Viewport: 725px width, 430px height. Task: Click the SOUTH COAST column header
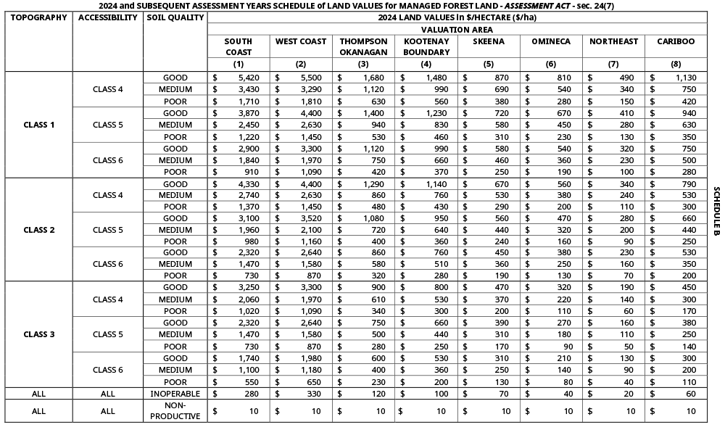(x=239, y=46)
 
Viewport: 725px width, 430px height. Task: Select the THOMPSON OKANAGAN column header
(x=363, y=46)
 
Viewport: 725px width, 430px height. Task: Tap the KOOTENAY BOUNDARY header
(x=426, y=46)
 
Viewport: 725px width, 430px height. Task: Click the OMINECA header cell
(x=551, y=41)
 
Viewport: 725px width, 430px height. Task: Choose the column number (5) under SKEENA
(x=489, y=64)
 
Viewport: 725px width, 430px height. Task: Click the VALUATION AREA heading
(x=457, y=29)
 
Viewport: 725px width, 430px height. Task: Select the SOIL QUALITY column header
(x=175, y=17)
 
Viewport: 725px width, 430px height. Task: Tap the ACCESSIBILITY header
(x=108, y=17)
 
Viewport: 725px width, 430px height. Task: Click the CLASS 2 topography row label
(x=39, y=230)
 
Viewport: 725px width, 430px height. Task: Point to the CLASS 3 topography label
(x=39, y=334)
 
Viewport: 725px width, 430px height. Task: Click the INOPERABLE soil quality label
(x=175, y=394)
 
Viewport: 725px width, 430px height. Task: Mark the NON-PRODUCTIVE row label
(x=175, y=410)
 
